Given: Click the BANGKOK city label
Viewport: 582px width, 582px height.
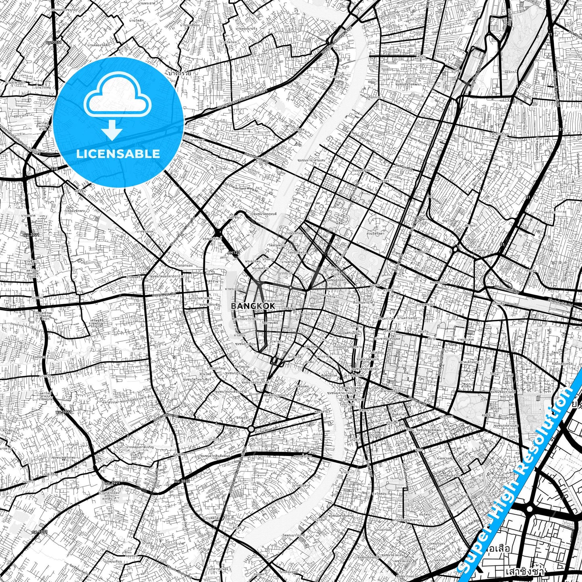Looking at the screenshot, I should click(x=253, y=306).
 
